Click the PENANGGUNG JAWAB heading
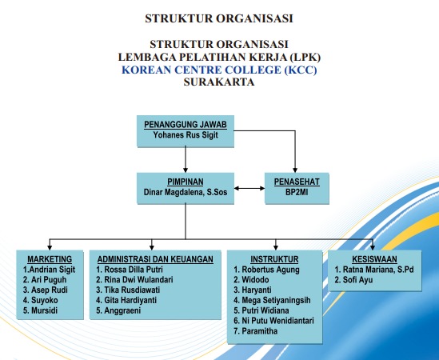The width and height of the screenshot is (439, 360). point(186,125)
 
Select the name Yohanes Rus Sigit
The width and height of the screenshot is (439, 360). point(186,135)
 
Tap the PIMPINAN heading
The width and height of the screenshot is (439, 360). point(186,182)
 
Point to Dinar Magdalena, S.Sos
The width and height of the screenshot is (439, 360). point(186,192)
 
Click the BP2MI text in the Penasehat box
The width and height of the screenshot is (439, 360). point(297,192)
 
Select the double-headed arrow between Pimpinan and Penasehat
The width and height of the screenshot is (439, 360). point(249,188)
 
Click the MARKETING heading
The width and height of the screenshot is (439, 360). point(50,259)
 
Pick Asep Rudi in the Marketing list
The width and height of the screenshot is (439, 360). point(46,290)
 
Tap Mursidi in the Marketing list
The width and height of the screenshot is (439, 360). point(40,310)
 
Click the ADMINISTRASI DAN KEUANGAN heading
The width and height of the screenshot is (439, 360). point(155,259)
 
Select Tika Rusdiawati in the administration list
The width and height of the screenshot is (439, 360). point(128,290)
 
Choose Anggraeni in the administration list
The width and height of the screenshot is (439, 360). point(118,310)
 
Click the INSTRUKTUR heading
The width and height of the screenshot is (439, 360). point(274,259)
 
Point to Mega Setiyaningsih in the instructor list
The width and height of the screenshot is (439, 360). point(272,300)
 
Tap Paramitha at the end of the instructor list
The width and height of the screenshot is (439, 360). point(256,331)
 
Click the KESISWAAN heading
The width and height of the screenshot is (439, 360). point(374,259)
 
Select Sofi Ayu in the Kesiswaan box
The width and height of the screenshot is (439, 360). point(354,280)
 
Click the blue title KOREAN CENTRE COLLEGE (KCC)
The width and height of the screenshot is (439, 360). point(219,70)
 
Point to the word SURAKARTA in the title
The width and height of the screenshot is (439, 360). point(219,82)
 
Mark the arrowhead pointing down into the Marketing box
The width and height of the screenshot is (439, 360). point(50,247)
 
